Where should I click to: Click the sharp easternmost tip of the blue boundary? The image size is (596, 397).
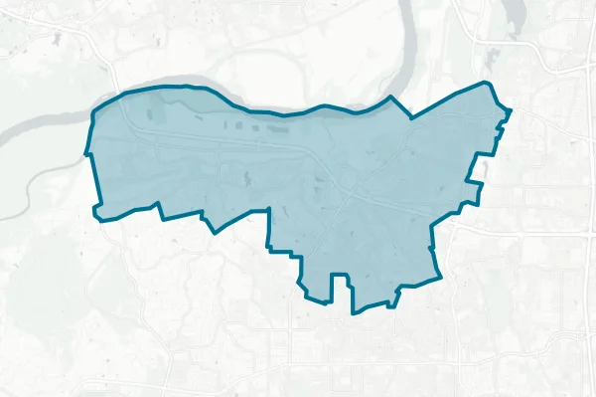click(x=511, y=109)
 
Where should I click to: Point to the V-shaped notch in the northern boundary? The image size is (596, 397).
click(x=405, y=109)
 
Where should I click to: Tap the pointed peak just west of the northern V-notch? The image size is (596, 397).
click(x=391, y=98)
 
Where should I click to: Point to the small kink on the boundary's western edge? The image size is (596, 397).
click(x=87, y=154)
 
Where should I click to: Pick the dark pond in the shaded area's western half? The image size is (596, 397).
click(x=246, y=179)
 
